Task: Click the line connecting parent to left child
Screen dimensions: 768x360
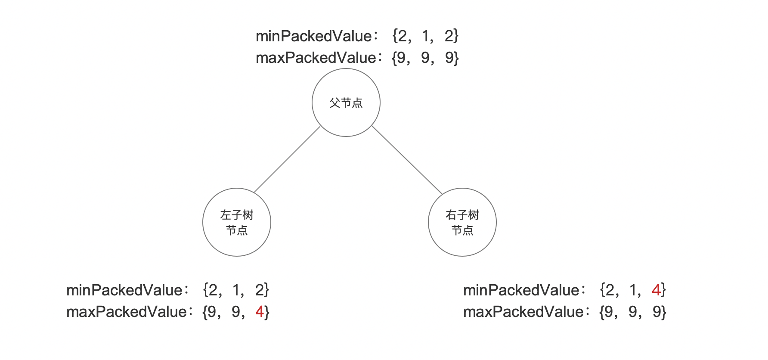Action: [x=287, y=159]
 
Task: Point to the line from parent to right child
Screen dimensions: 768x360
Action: [x=407, y=160]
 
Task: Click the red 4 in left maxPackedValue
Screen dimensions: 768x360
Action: [x=260, y=311]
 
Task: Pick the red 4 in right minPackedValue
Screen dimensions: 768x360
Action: [x=656, y=290]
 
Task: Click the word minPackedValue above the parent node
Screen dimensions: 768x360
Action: [x=314, y=36]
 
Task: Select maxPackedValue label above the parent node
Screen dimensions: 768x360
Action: [x=316, y=58]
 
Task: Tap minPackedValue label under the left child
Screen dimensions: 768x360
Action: [x=124, y=290]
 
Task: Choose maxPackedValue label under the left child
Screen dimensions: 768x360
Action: [x=127, y=312]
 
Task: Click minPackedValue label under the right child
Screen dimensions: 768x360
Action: [x=521, y=290]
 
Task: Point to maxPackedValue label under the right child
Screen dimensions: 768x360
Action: [x=523, y=312]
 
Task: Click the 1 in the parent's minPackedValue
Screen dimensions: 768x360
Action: [x=425, y=36]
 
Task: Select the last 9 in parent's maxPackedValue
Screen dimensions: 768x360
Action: [x=449, y=58]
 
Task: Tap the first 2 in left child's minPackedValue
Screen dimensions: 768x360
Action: [x=213, y=290]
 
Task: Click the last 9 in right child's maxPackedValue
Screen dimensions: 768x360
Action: [x=657, y=312]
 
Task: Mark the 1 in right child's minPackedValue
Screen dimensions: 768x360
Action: [x=633, y=290]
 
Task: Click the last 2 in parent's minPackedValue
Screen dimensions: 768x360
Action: [x=449, y=36]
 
